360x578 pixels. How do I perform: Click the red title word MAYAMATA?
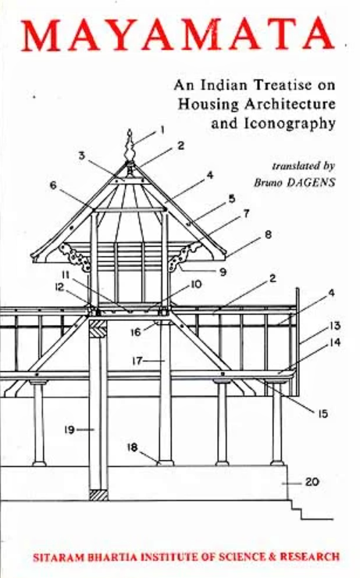coord(178,35)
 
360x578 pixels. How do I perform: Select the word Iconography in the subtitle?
coord(290,124)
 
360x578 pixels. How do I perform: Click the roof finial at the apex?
coord(130,144)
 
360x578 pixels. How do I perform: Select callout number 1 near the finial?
coord(162,130)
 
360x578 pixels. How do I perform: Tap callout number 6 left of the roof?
coord(54,185)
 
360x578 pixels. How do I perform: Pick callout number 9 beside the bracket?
coord(223,272)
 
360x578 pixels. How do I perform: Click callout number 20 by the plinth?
coord(312,482)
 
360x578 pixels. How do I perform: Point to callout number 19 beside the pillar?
coord(70,430)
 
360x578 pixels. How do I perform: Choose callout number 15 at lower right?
coord(323,414)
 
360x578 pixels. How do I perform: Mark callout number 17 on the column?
coord(137,360)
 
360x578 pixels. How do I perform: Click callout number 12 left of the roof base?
coord(59,287)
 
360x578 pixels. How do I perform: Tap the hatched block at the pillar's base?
coord(98,494)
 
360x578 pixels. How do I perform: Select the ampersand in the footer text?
coord(272,557)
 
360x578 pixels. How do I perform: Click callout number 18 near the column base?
coord(132,448)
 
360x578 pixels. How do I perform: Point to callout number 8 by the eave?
coord(269,234)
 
